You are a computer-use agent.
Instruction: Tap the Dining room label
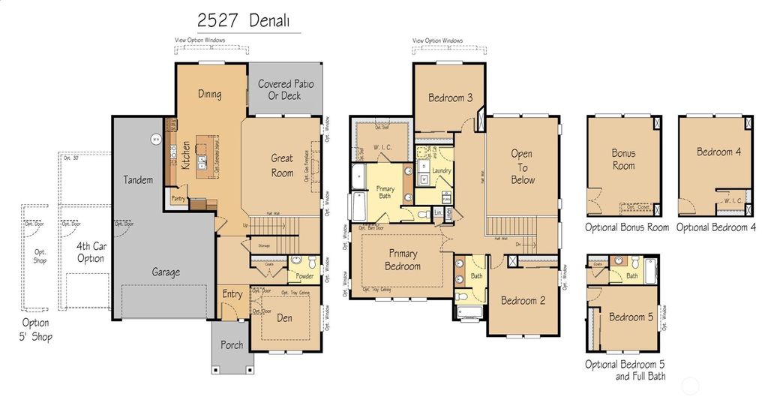(209, 95)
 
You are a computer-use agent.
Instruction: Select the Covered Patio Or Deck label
(285, 90)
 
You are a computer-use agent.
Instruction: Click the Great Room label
(282, 165)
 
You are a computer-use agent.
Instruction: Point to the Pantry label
(178, 198)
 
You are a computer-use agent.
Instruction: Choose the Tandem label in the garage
(138, 180)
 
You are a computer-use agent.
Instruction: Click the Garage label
(166, 272)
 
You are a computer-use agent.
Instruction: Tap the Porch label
(231, 345)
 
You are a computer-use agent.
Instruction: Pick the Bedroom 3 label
(450, 98)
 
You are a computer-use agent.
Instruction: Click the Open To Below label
(522, 167)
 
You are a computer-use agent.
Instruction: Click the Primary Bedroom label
(403, 260)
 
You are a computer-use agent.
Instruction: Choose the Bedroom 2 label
(523, 301)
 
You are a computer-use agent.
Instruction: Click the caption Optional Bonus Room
(627, 227)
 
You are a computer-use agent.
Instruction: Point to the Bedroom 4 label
(718, 152)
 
